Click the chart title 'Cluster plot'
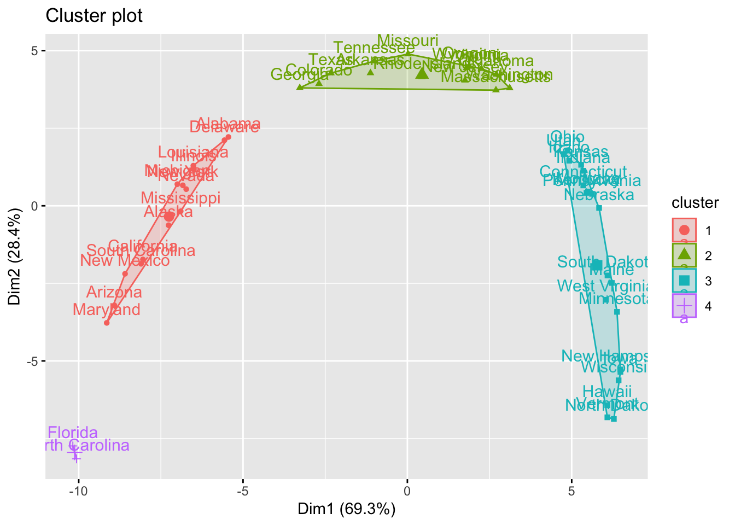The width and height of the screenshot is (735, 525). pos(94,16)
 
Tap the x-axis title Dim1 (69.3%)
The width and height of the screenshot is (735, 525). pos(346,509)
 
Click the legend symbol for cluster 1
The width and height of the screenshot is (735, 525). pos(684,229)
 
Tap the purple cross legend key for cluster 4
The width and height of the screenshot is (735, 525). pos(684,305)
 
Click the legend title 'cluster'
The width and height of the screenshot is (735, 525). pos(695,203)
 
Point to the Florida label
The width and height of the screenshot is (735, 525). pos(73,433)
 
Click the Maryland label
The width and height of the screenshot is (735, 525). pos(106,310)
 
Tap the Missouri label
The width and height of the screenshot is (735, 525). pos(408,40)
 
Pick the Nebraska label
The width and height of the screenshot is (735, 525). pos(599,195)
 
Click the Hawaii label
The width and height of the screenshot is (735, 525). pos(607,392)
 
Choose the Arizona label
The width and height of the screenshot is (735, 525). pos(114,292)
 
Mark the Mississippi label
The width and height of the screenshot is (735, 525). pos(180,197)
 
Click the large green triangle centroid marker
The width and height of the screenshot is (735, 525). pos(422,73)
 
